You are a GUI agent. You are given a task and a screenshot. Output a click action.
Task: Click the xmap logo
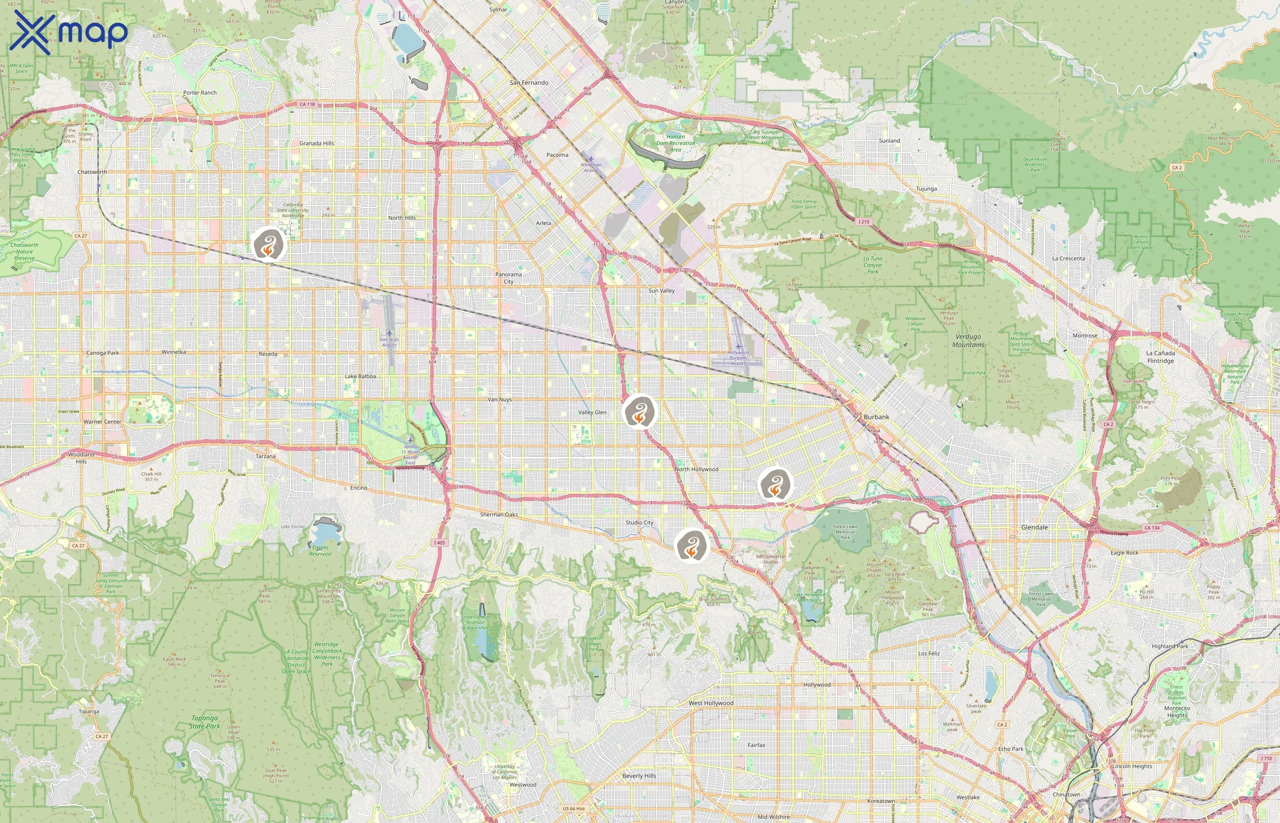point(69,32)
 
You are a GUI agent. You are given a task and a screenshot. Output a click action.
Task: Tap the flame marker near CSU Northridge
point(269,245)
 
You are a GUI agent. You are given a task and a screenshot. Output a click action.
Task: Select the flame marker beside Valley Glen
point(640,411)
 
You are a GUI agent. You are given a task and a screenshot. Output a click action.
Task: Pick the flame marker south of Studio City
point(691,545)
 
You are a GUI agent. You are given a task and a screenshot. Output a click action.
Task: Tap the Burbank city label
point(876,417)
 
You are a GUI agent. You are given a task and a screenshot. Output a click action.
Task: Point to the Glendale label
point(1034,527)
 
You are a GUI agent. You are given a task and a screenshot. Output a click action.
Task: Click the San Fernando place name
point(529,83)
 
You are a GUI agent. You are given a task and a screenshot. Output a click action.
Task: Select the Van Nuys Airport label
point(389,342)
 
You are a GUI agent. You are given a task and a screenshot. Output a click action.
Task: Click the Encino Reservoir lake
point(324,533)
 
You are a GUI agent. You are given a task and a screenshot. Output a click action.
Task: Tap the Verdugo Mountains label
point(968,341)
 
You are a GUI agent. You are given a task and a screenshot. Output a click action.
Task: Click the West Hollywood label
point(710,703)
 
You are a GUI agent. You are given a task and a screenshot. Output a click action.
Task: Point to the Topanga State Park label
point(205,722)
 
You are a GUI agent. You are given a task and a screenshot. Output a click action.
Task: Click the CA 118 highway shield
point(307,104)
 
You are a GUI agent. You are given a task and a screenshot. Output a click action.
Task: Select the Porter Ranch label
point(200,92)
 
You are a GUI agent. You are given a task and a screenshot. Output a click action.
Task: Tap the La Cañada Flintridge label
point(1160,357)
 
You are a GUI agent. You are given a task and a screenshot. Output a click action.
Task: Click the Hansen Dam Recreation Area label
point(675,143)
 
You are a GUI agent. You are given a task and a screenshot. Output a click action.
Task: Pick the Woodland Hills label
point(81,458)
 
